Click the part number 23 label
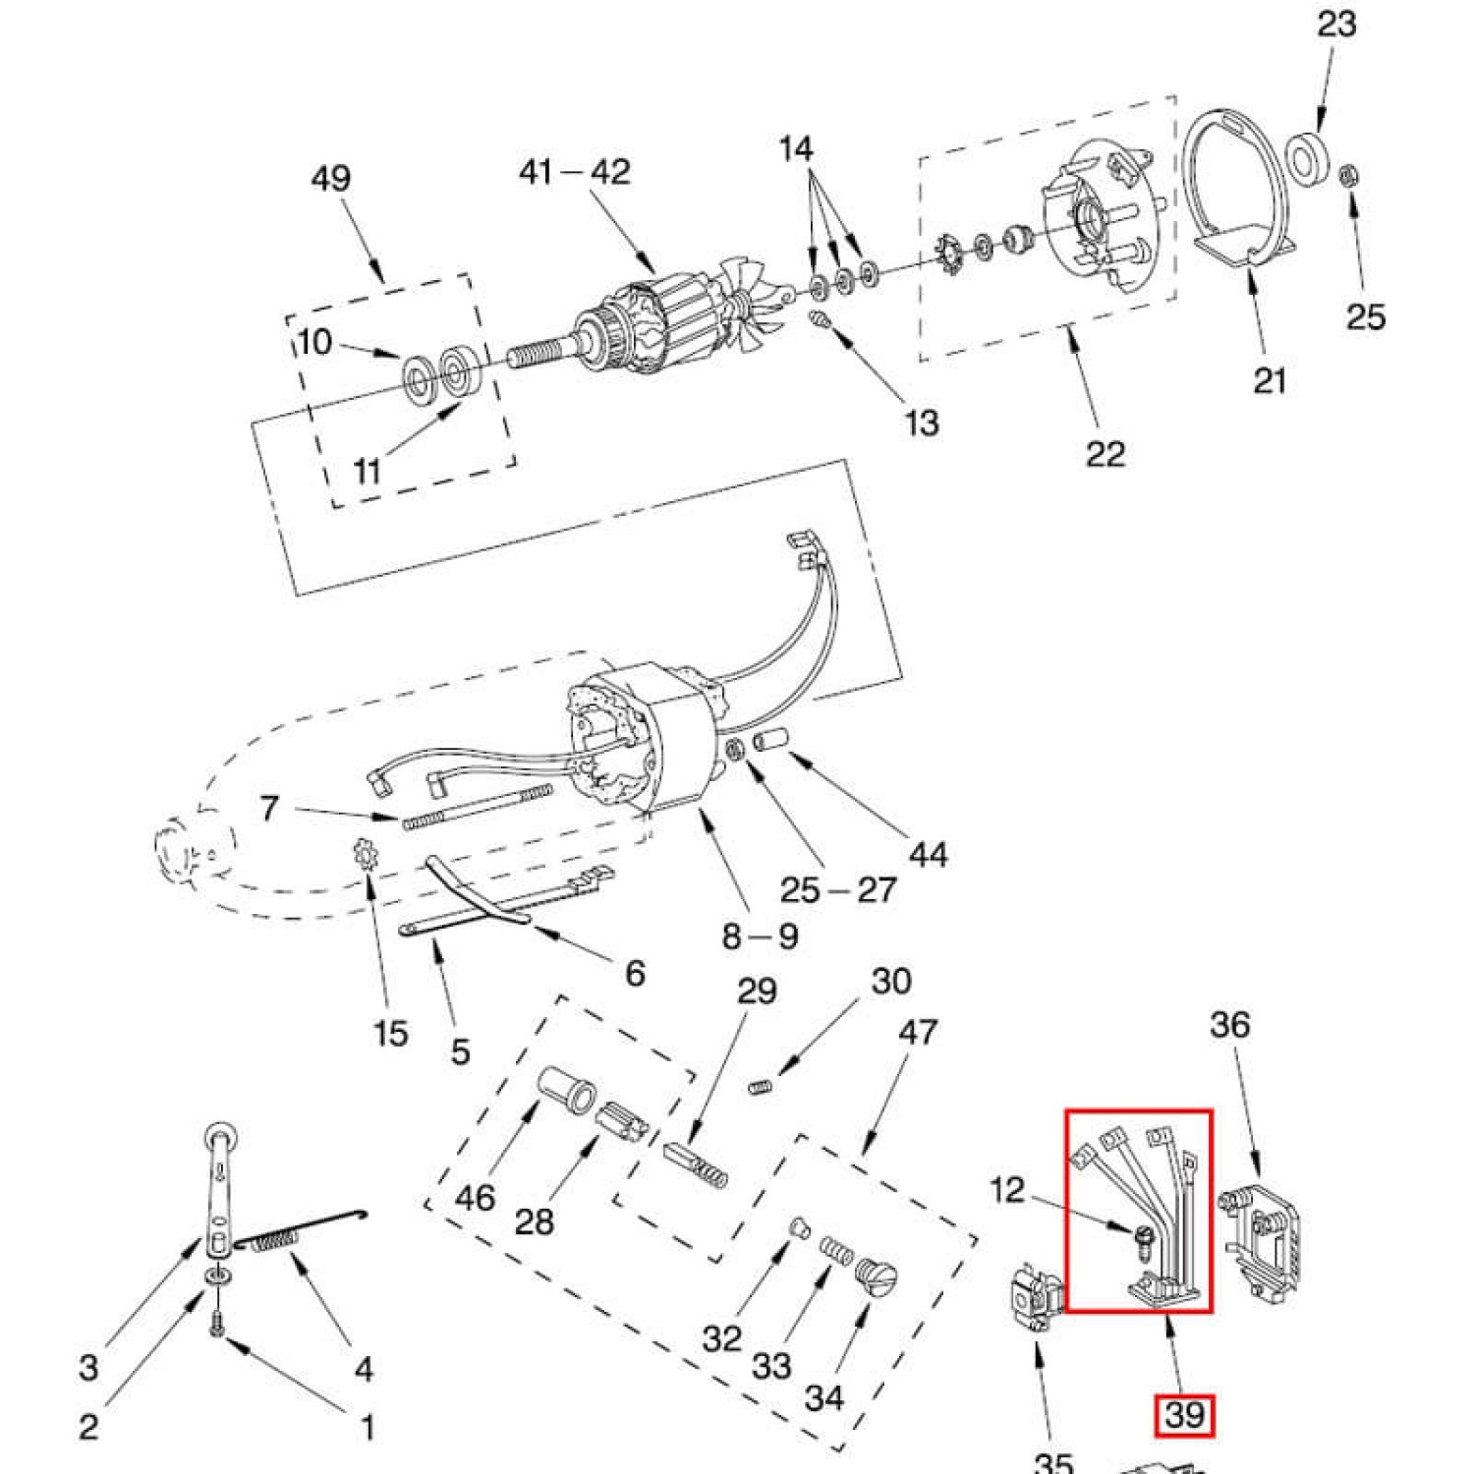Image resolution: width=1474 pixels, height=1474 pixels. coord(1336,24)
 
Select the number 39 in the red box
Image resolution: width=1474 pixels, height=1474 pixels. coord(1184,1415)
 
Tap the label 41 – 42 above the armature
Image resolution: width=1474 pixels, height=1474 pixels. coord(574,172)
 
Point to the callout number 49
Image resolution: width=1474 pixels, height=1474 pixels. coord(330,179)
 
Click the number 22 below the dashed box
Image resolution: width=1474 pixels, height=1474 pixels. coord(1105,453)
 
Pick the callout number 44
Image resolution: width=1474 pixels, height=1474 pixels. coord(928,854)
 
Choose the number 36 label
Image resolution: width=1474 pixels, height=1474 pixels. coord(1229,1025)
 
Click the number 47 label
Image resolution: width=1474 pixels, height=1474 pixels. coord(918,1032)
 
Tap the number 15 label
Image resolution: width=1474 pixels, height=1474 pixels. coord(390,1033)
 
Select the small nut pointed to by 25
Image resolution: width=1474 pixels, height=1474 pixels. coord(1350,177)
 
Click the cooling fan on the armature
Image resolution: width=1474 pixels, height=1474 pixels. coord(756,295)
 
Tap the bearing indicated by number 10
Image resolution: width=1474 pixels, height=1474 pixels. coord(422,376)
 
